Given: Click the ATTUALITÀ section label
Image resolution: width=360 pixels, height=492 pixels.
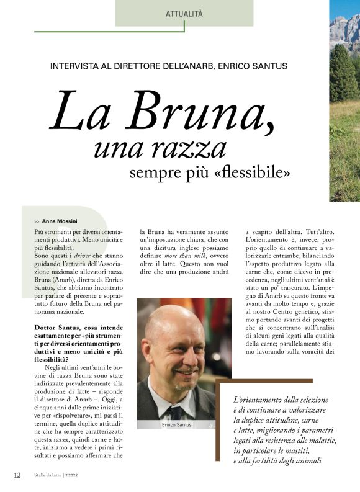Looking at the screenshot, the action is (x=184, y=13).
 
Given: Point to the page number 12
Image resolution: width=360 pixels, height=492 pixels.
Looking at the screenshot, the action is (x=17, y=475).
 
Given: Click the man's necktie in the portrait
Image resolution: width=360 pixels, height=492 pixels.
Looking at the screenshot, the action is (x=175, y=412).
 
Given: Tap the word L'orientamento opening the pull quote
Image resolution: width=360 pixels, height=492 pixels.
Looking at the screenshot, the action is (x=256, y=400).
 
